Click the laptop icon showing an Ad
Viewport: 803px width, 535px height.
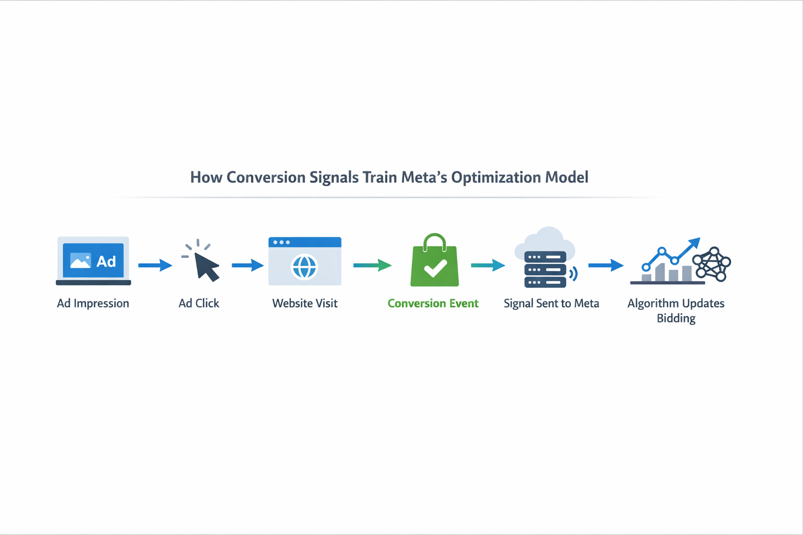pos(93,261)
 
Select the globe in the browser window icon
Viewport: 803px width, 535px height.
pos(304,267)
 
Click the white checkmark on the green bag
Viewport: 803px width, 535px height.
pos(435,268)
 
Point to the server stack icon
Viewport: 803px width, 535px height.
pos(545,270)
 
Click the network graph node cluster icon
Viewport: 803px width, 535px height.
pos(712,264)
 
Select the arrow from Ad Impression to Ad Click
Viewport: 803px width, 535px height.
pos(155,265)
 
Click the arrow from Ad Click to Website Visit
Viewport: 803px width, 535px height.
pos(247,265)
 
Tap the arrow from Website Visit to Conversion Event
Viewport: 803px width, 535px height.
pos(372,265)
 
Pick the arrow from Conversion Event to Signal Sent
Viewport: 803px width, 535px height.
pos(488,265)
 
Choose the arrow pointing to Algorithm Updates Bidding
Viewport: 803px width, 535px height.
pos(605,265)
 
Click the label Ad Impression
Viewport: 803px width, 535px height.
pos(93,304)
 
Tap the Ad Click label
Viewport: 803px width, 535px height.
pos(199,304)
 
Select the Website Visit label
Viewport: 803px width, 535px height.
pos(305,304)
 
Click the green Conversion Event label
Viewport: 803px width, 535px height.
pos(433,304)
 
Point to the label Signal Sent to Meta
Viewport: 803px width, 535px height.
pos(551,304)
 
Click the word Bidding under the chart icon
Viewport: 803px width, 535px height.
pos(676,319)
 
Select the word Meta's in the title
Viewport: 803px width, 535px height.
pos(423,178)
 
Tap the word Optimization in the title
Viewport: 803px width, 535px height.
pos(496,178)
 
